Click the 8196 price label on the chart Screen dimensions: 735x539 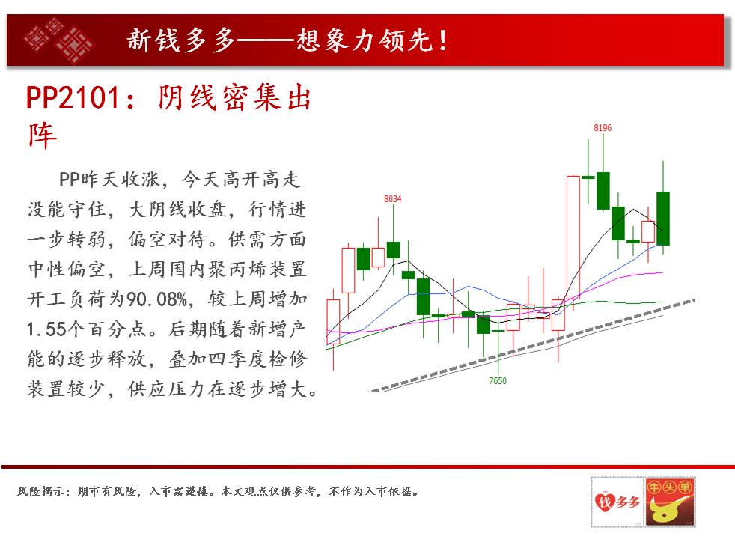click(603, 128)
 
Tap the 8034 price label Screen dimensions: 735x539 click(392, 198)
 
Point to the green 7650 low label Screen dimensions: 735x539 click(497, 380)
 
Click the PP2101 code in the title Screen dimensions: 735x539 click(73, 97)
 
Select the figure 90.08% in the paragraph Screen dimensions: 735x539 click(157, 299)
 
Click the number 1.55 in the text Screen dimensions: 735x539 click(46, 329)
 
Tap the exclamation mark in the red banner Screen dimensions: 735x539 click(442, 40)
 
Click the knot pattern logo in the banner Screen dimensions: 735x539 click(58, 40)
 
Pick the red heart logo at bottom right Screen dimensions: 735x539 click(617, 502)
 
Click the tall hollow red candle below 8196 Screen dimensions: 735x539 click(573, 237)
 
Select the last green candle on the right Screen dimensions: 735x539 click(663, 219)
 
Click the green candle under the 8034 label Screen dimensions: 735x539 click(393, 250)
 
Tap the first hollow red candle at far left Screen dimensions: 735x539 click(333, 322)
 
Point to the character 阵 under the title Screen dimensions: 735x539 click(42, 136)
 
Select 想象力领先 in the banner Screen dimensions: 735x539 click(364, 40)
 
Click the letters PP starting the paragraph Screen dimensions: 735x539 click(70, 180)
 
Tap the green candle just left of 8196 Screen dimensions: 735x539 click(588, 177)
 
